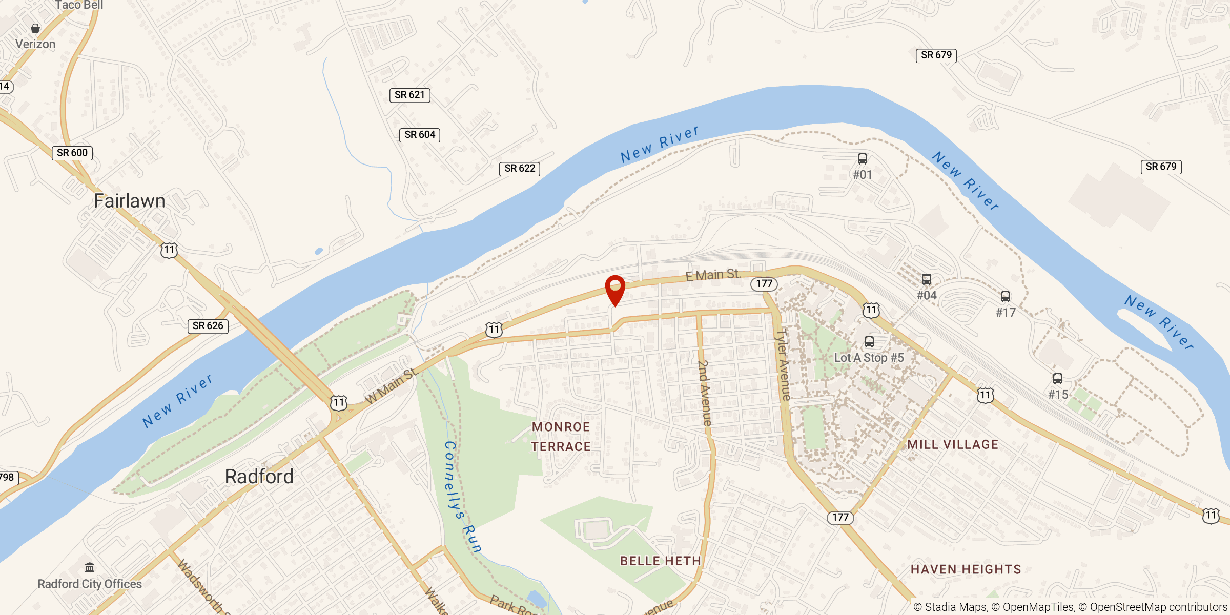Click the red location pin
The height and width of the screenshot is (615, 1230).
coord(615,289)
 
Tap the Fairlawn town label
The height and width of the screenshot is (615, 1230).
coord(129,201)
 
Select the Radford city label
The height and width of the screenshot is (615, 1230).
coord(259,477)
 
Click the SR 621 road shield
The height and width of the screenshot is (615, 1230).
coord(409,95)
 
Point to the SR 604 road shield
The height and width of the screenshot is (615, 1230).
coord(420,135)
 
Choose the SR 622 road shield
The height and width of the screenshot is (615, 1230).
coord(520,169)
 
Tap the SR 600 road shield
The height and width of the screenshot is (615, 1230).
coord(72,153)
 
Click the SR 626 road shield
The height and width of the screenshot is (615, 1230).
coord(208,326)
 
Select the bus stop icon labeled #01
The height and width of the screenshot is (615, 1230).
coord(863,159)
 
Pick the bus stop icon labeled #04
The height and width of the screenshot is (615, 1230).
coord(927,279)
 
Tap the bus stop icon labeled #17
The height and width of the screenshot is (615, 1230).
coord(1006,297)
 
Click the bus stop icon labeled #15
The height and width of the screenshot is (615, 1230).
coord(1058,379)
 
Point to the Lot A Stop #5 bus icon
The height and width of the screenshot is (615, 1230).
coord(869,342)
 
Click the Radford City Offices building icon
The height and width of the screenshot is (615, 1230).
coord(90,567)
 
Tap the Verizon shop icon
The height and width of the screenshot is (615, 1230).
coord(35,28)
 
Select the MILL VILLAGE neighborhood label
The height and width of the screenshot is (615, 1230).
coord(953,444)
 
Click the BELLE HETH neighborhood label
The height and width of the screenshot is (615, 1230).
coord(661,561)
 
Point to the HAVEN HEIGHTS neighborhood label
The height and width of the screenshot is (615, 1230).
coord(966,569)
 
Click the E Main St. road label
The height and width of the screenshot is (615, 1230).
coord(713,275)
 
